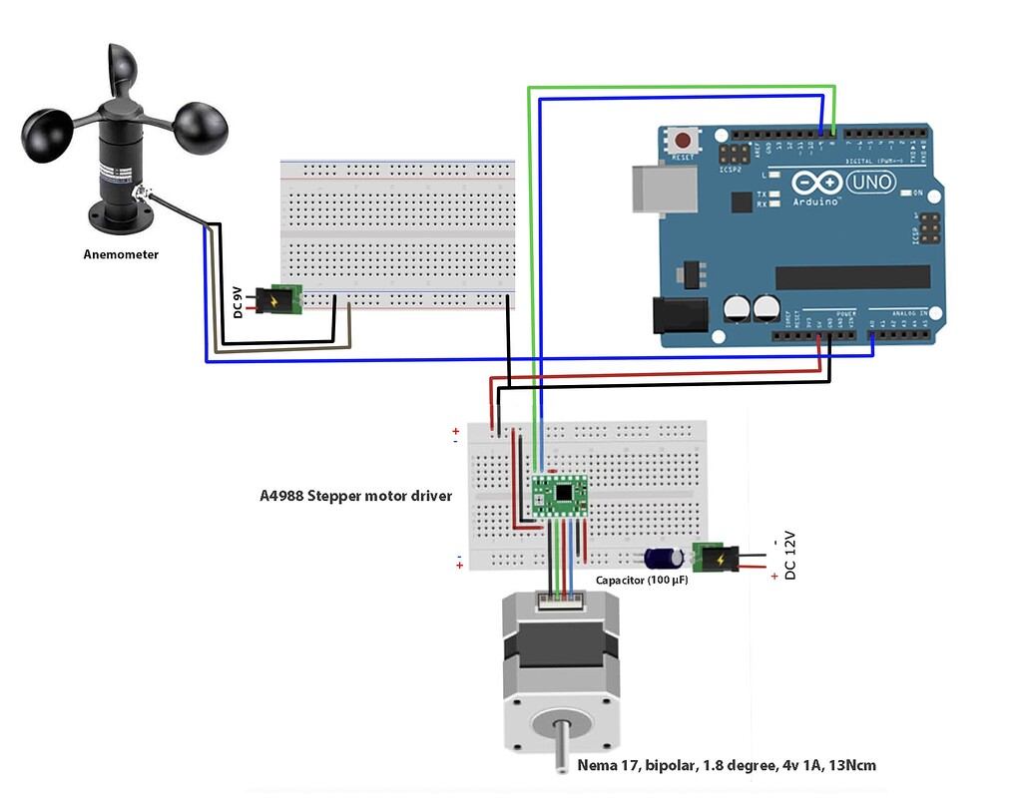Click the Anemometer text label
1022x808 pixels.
point(120,254)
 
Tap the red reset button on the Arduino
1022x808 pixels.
point(684,141)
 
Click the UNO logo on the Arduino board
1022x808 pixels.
point(871,183)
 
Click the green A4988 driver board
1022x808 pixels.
point(559,496)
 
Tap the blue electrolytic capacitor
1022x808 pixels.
point(663,559)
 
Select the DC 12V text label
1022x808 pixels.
point(790,556)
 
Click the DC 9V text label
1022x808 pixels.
point(238,301)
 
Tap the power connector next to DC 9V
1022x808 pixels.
point(278,298)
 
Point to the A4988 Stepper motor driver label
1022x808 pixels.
point(355,495)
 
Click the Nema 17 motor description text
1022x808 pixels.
point(727,765)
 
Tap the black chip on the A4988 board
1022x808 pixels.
point(566,492)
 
